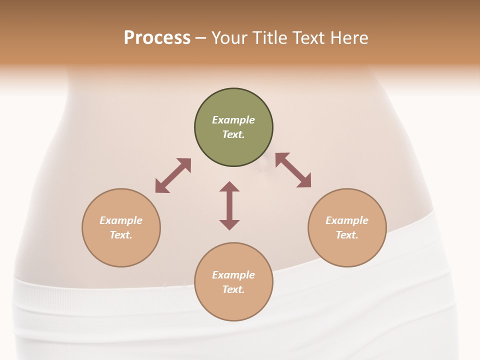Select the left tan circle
click(121, 245)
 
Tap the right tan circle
click(347, 247)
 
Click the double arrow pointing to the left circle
click(173, 175)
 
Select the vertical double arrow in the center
click(229, 205)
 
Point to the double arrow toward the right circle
click(293, 170)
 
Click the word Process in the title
click(157, 38)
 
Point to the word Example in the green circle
click(233, 120)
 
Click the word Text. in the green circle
click(233, 134)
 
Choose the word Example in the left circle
click(121, 220)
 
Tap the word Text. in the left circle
click(121, 235)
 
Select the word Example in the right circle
click(347, 220)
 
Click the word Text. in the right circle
click(347, 235)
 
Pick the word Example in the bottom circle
click(233, 275)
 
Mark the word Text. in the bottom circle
click(233, 289)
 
